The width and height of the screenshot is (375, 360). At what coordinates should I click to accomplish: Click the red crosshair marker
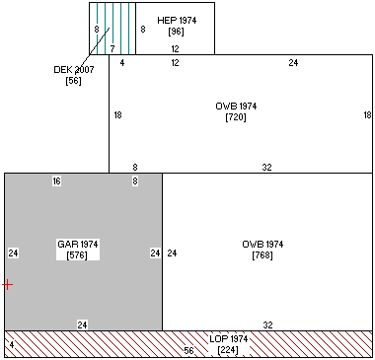[7, 284]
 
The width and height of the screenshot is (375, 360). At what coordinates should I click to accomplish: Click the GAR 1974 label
[78, 245]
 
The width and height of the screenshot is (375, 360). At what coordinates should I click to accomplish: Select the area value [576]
[77, 255]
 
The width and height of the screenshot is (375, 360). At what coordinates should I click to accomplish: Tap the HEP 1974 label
[177, 21]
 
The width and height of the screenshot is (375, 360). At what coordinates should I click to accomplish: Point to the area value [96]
[176, 32]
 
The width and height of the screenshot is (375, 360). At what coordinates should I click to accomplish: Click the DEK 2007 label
[74, 70]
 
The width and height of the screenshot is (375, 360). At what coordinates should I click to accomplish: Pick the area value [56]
[73, 81]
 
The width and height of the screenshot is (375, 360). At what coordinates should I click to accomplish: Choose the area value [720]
[236, 117]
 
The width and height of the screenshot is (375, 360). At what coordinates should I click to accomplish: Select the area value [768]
[262, 255]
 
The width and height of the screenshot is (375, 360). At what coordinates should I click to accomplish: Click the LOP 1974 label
[229, 339]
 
